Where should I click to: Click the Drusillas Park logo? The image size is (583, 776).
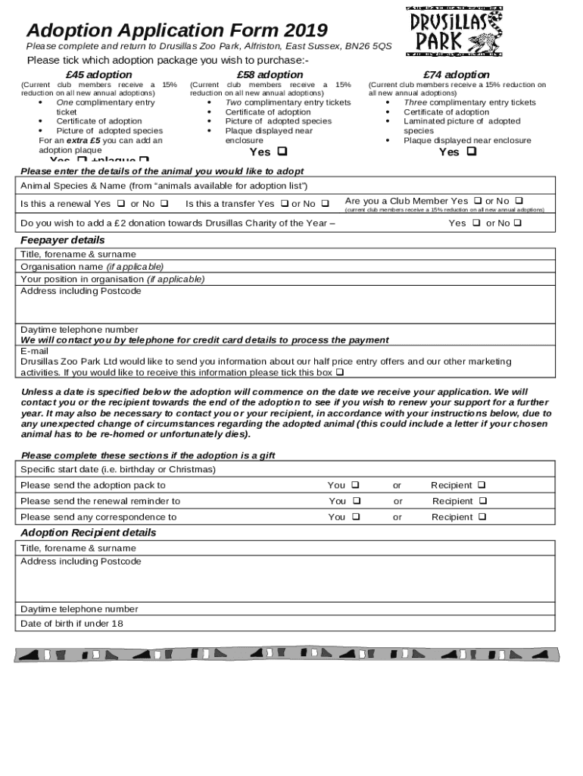coord(455,31)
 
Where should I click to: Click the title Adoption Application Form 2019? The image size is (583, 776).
coord(176,30)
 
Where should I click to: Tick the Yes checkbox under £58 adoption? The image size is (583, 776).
coord(282,152)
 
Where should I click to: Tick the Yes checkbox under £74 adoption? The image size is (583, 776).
coord(472,152)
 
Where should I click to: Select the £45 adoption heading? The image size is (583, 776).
coord(98,74)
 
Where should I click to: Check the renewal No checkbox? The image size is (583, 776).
coord(164,204)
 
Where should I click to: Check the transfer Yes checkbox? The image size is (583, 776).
coord(285,204)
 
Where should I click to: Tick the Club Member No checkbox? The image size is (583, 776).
coord(519,201)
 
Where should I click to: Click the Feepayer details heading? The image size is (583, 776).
coord(62,240)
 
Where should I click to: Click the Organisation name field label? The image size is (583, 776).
coord(92,267)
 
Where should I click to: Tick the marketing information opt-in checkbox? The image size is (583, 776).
coord(339,373)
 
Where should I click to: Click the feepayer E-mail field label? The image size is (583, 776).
coord(34,352)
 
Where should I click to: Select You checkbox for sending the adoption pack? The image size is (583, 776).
coord(355,485)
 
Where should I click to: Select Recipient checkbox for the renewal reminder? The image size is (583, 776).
coord(483,501)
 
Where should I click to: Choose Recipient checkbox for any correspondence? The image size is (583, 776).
coord(482,517)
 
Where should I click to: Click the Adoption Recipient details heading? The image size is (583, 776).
coord(88,533)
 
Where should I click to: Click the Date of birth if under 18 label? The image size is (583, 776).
coord(71,624)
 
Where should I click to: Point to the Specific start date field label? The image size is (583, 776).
coord(117,470)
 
